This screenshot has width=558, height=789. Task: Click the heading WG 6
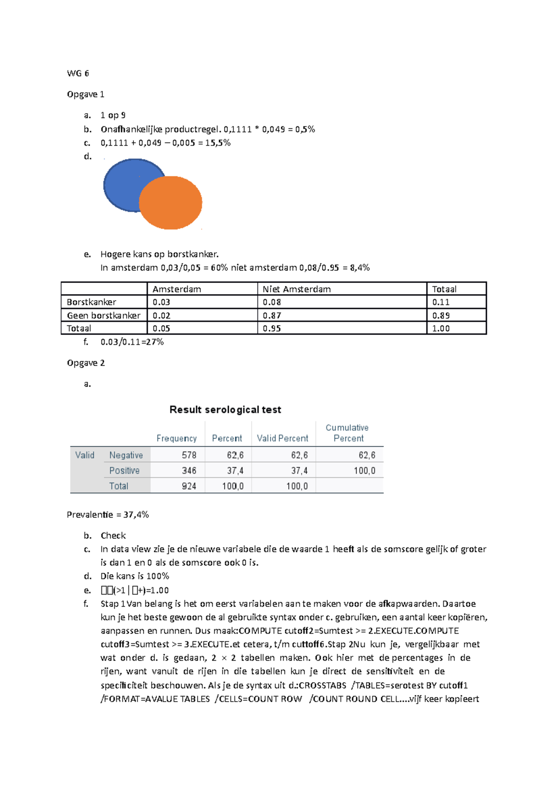click(x=78, y=73)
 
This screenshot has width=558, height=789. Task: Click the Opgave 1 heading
click(x=86, y=94)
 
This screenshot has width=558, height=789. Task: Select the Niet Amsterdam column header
click(x=297, y=289)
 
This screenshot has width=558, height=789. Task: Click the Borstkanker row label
click(x=92, y=302)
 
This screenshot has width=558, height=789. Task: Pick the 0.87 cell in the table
click(x=272, y=316)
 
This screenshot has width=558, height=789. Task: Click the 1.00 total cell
click(x=441, y=329)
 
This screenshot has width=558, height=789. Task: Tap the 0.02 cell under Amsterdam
click(x=161, y=316)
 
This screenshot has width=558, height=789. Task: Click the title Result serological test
click(x=225, y=410)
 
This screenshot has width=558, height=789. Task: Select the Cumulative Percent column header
click(x=347, y=433)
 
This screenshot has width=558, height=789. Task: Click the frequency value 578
click(x=189, y=455)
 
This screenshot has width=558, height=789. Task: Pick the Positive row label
click(x=124, y=471)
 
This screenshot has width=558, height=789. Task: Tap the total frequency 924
click(x=189, y=486)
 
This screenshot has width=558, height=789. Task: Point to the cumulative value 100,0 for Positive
click(x=364, y=471)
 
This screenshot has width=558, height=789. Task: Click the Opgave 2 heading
click(x=86, y=363)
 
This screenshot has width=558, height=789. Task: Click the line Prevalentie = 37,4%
click(x=108, y=515)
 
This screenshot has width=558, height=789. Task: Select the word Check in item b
click(x=113, y=536)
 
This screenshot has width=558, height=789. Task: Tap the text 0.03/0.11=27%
click(x=132, y=342)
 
